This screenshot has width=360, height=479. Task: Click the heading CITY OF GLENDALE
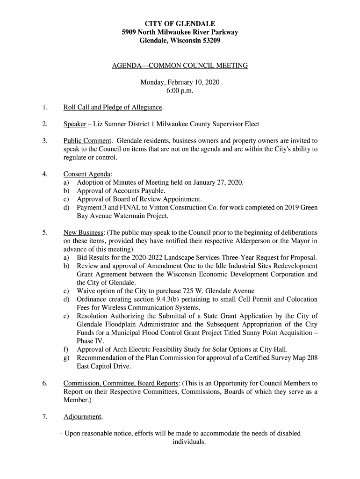(180, 23)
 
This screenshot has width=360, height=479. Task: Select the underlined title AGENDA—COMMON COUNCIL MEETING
(180, 66)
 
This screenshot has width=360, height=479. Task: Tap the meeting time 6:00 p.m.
(180, 91)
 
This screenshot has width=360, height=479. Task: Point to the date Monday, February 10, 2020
(180, 82)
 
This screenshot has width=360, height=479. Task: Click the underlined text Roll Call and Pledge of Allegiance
(113, 108)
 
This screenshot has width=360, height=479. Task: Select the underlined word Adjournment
(82, 416)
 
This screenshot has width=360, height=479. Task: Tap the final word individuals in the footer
(189, 442)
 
